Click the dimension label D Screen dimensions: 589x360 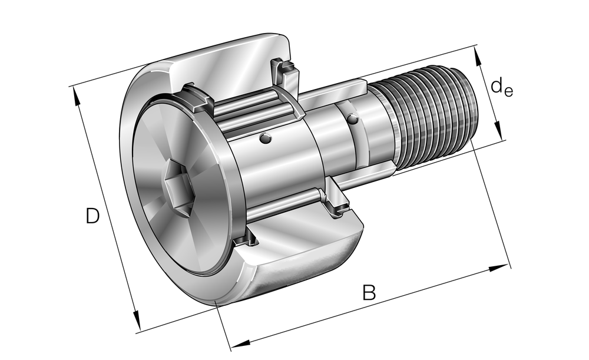coord(92,216)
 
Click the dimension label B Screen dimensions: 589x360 coord(369,292)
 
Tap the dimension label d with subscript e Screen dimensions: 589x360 coord(501,88)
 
